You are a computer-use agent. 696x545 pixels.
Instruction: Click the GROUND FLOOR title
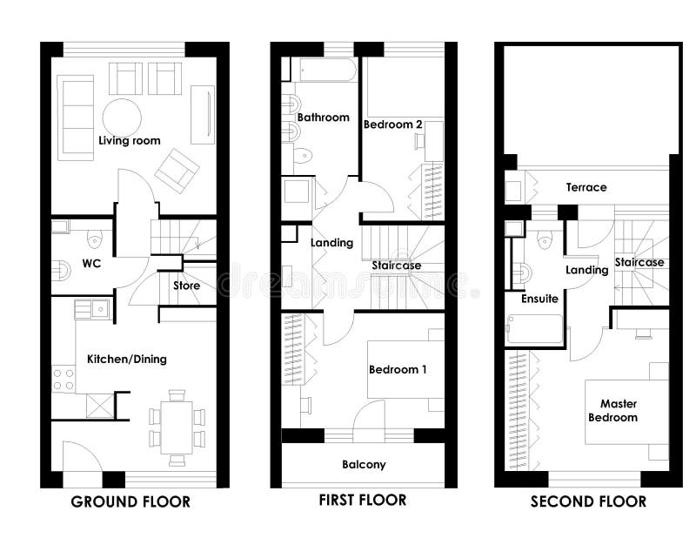point(130,501)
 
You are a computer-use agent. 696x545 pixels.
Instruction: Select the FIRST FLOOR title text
point(362,500)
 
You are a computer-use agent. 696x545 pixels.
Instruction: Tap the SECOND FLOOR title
point(588,501)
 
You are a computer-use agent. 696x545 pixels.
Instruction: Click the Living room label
point(129,140)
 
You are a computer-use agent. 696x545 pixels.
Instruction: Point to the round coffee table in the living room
point(122,117)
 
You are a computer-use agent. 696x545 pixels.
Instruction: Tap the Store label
point(186,286)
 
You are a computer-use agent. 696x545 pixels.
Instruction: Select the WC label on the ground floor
point(93,263)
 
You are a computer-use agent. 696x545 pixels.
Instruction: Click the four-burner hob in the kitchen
point(63,378)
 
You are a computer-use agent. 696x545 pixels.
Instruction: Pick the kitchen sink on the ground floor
point(91,308)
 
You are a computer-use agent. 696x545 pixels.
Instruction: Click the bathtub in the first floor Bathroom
point(323,71)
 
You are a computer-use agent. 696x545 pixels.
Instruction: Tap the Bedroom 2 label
point(393,124)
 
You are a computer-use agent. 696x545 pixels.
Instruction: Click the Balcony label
point(364,464)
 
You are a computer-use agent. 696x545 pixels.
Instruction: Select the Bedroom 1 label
point(398,369)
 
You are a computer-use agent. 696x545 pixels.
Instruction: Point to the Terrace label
point(586,187)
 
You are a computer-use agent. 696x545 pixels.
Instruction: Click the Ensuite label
point(539,299)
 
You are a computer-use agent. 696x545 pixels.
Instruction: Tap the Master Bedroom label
point(619,410)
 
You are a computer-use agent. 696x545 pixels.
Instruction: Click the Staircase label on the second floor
point(639,262)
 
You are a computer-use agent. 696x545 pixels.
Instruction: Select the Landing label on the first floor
point(331,243)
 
